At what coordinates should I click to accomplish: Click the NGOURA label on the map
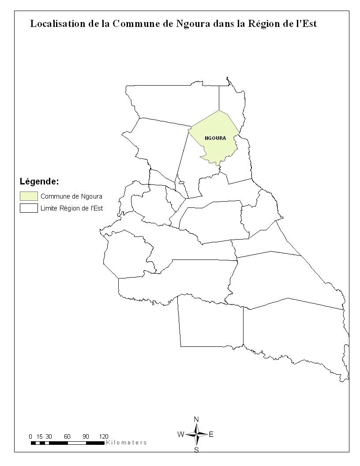215,138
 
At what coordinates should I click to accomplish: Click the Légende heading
39,181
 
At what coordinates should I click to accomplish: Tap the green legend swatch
29,196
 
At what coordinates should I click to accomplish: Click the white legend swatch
29,208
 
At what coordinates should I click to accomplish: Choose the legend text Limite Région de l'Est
71,208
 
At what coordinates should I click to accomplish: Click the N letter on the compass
197,419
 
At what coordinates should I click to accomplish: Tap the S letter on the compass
197,450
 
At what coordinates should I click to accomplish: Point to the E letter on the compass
211,434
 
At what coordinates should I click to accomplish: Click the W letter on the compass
181,434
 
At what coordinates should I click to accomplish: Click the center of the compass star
197,434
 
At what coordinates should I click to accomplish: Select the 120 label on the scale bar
104,436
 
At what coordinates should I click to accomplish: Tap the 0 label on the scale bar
30,436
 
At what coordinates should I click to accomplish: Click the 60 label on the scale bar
67,436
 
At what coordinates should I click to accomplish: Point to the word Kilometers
126,442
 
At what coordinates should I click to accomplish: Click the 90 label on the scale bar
86,436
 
